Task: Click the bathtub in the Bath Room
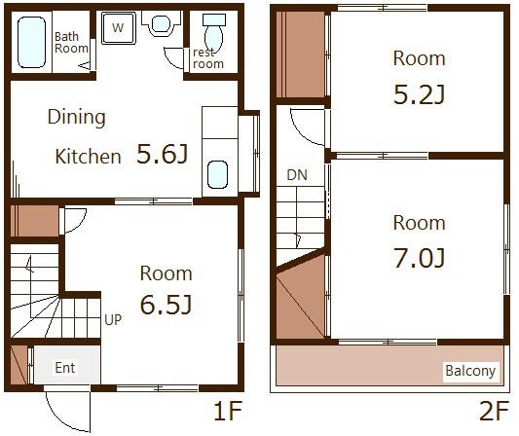tap(31, 43)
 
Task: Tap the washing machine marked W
tap(118, 28)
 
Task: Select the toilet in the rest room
tap(214, 33)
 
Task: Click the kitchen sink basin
tap(217, 174)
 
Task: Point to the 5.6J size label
tap(162, 154)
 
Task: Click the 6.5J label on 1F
tap(166, 305)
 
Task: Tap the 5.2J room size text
tap(419, 94)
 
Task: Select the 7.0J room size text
tap(419, 258)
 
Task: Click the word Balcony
tap(470, 371)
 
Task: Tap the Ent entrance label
tap(65, 368)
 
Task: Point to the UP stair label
tap(113, 319)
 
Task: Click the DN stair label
tap(297, 175)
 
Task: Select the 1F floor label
tap(228, 411)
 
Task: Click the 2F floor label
tap(494, 411)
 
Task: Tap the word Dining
tap(77, 118)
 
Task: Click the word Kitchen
tap(88, 157)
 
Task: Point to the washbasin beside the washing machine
tap(162, 23)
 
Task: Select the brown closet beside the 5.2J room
tap(300, 54)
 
